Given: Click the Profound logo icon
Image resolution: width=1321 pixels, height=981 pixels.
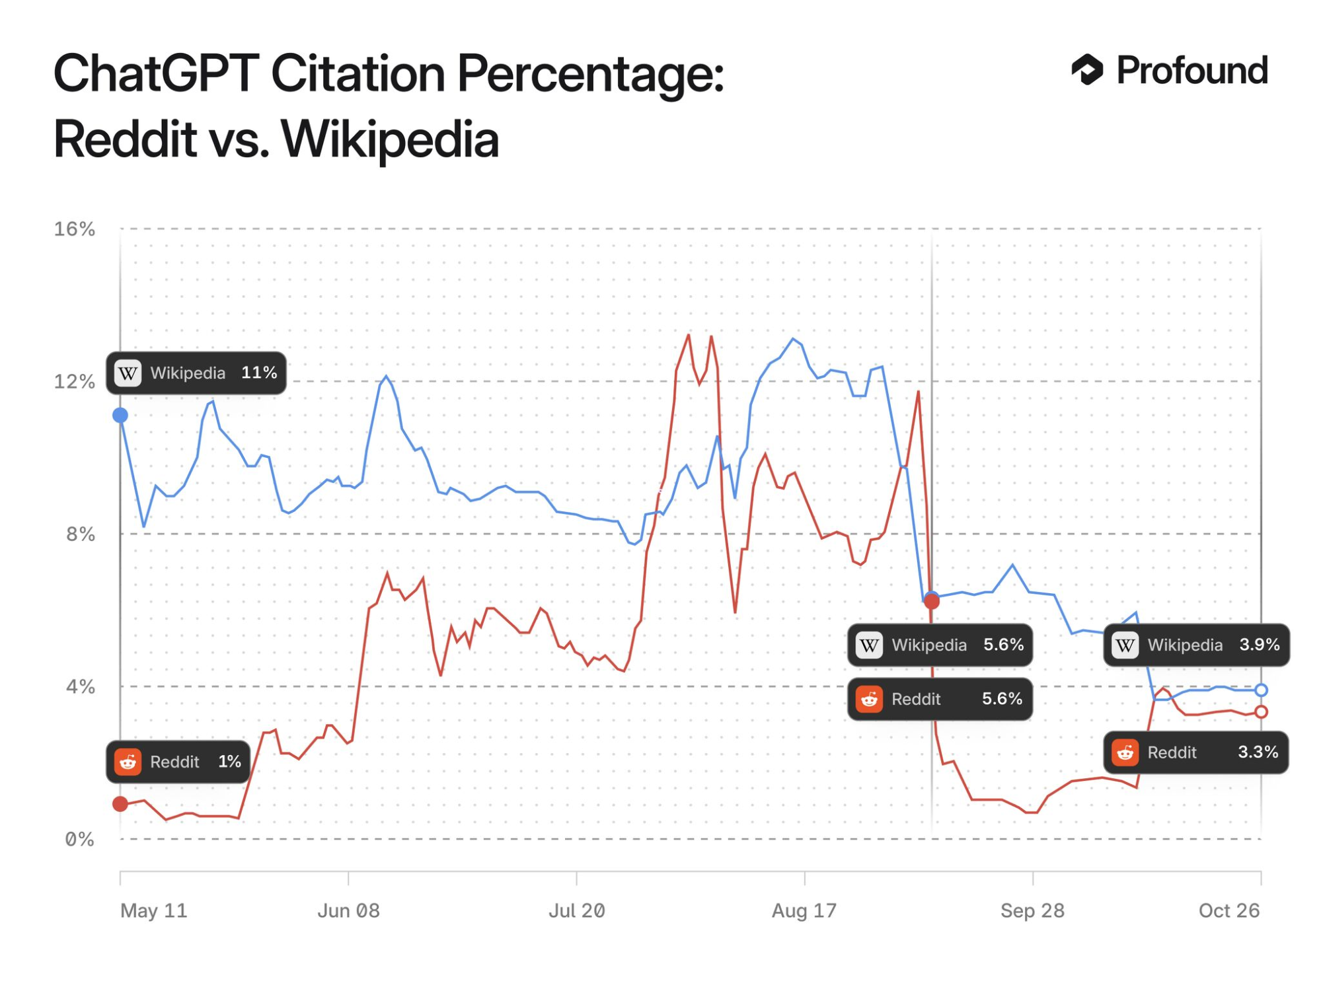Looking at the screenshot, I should pos(1087,70).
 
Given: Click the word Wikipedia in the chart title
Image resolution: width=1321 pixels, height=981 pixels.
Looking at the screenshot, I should pos(389,139).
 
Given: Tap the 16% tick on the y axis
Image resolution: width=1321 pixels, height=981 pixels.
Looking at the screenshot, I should pos(74,229).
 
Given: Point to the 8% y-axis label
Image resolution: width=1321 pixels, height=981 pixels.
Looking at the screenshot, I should pos(80,534).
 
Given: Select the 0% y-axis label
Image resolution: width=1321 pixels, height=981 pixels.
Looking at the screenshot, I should pos(79,839).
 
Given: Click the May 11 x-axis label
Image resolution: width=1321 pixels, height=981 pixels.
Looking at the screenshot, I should pos(154,910).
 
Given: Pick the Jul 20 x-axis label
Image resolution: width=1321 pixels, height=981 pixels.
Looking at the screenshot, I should pos(576,910).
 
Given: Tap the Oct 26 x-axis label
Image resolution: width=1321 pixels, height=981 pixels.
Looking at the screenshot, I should pos(1229,910).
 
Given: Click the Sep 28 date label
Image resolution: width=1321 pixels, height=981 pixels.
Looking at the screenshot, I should pos(1032,910).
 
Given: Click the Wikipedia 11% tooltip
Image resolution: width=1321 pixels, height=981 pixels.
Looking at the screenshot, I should pos(196,373).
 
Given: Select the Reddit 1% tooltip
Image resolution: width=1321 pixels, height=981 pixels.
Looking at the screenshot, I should pos(178,762).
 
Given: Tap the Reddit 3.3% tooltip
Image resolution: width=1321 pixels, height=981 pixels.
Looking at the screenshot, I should pos(1195,752).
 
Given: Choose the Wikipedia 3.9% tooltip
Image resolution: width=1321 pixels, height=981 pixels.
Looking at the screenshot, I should pos(1196,645).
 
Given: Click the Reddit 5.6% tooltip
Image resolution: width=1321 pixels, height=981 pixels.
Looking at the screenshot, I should pos(939,698).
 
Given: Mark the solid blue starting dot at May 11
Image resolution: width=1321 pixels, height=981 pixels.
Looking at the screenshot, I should pos(120,415).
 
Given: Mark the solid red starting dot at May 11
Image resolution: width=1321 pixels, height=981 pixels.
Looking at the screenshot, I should pos(120,804).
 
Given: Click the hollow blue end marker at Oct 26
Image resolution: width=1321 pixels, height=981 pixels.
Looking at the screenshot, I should pos(1261,690).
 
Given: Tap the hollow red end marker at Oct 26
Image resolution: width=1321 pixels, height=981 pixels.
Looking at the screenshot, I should pos(1261,711).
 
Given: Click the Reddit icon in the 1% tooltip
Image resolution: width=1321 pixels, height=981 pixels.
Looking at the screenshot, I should pos(128,762).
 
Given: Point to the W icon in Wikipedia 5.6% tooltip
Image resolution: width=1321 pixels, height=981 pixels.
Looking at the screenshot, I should pos(870,645).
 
